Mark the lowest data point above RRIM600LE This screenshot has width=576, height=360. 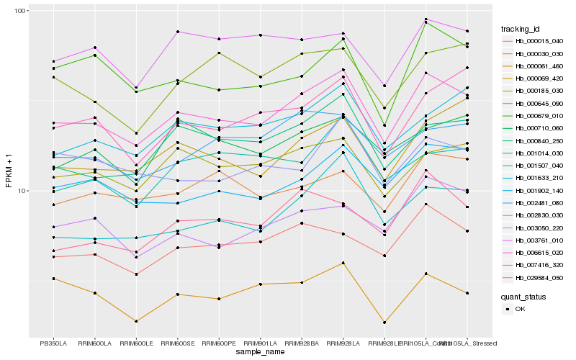(135, 321)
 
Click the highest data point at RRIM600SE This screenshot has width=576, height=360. (177, 32)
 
